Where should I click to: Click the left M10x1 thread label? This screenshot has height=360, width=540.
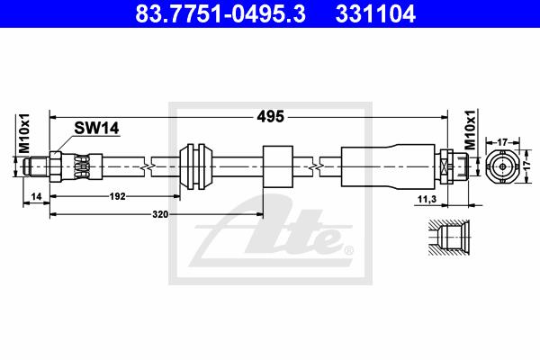point(25,133)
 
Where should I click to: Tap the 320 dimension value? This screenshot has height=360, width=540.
point(160,214)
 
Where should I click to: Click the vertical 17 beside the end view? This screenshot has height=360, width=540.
point(529,166)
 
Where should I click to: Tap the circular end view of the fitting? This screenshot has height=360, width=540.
point(502,166)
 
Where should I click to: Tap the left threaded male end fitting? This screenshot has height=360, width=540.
point(40,165)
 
